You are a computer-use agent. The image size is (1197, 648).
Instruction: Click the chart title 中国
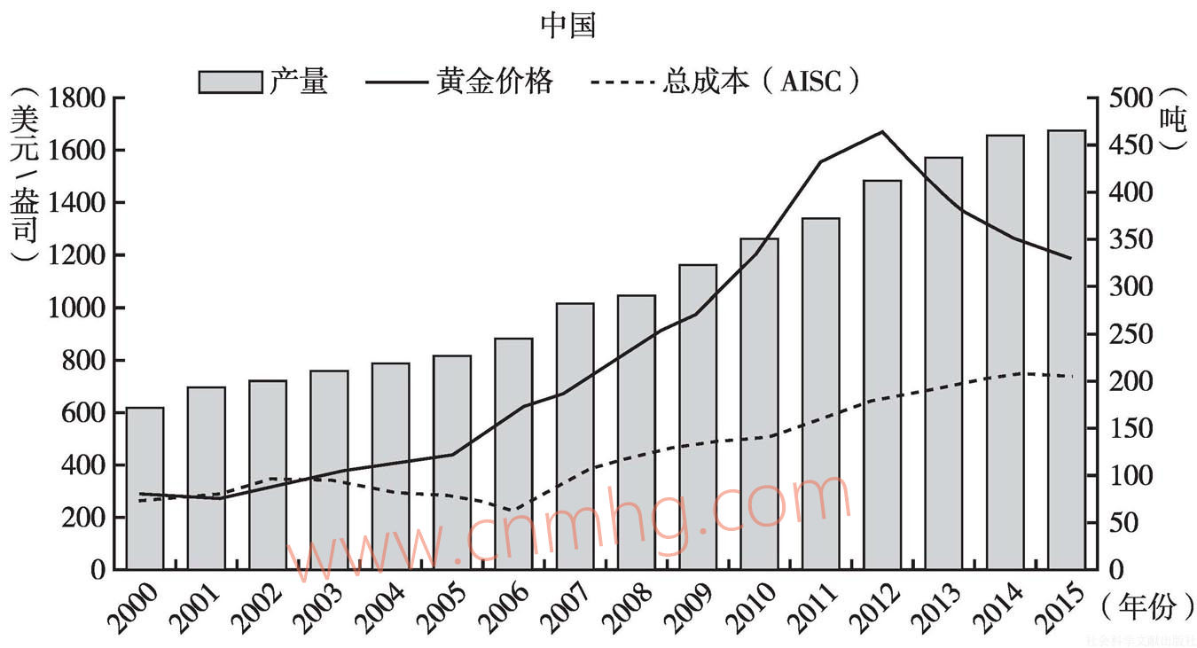pyautogui.click(x=567, y=26)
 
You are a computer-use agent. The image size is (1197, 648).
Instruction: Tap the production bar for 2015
pyautogui.click(x=1066, y=349)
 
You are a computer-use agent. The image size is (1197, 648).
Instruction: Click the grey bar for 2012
pyautogui.click(x=881, y=374)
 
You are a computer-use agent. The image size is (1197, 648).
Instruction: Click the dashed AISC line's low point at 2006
pyautogui.click(x=512, y=511)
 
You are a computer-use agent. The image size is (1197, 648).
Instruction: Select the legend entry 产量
pyautogui.click(x=262, y=82)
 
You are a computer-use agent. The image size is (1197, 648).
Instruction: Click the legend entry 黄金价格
pyautogui.click(x=459, y=82)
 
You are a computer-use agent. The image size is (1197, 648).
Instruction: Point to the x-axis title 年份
pyautogui.click(x=1147, y=607)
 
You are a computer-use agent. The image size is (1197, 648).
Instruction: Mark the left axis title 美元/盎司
pyautogui.click(x=24, y=177)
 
